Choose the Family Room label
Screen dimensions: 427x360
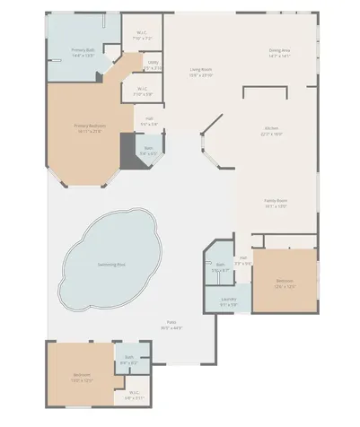[275, 203]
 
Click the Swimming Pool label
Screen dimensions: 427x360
[111, 265]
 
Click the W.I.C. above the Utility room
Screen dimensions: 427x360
[141, 36]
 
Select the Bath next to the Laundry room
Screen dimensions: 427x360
[221, 266]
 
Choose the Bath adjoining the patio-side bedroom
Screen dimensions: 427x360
[129, 361]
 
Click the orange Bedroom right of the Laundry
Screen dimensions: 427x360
[285, 281]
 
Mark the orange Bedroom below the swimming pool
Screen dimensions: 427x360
[81, 377]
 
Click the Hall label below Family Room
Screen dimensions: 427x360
[243, 260]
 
